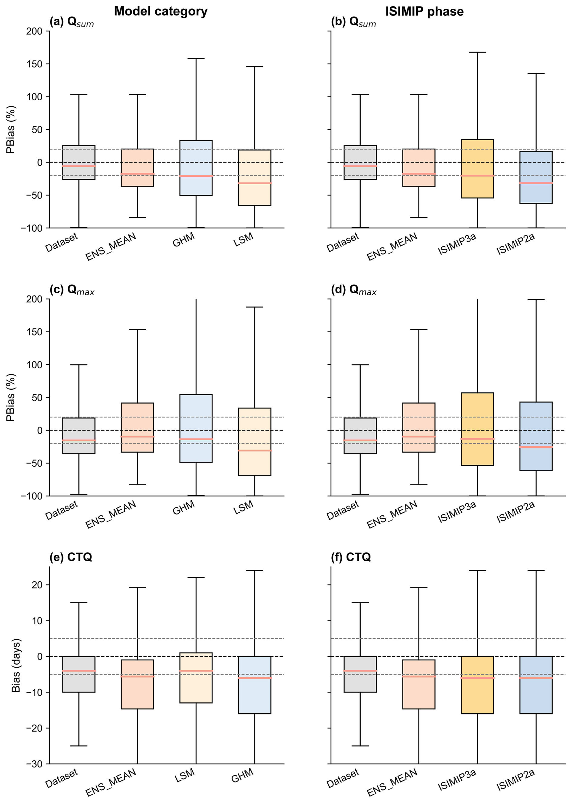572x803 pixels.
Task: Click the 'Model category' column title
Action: coord(161,11)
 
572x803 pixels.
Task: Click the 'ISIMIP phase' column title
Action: coord(424,11)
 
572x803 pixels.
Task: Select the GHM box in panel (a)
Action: coord(196,168)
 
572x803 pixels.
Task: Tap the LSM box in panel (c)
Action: coord(254,442)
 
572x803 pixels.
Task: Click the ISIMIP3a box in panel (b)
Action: coord(477,169)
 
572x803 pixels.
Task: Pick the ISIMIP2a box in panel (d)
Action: coord(536,436)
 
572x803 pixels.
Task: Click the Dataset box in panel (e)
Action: coord(79,674)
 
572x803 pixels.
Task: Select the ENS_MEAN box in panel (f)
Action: coord(419,684)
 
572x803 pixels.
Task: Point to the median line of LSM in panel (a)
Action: coord(254,183)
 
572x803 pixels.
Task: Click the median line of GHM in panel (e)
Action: coord(254,678)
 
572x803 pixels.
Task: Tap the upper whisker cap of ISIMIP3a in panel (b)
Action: coord(477,52)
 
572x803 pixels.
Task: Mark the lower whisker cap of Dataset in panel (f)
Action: coord(360,746)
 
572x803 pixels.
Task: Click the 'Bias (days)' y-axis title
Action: coord(16,665)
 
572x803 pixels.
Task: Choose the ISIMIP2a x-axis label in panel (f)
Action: coord(516,780)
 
